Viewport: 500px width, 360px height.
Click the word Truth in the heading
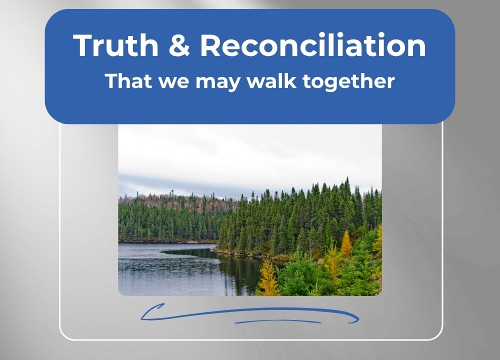[x=116, y=45]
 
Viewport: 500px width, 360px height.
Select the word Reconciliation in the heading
[x=313, y=45]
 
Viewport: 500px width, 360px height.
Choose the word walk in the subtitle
[x=271, y=81]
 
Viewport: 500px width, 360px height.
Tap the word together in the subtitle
[x=348, y=82]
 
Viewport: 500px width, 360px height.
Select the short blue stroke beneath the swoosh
[x=278, y=321]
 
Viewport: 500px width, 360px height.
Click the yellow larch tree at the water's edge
[x=267, y=277]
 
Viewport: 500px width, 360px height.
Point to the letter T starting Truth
[x=83, y=45]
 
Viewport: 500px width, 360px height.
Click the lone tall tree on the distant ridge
[x=172, y=194]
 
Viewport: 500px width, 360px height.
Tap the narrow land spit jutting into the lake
[x=188, y=251]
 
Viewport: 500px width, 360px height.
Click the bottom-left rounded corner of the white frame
[x=64, y=335]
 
